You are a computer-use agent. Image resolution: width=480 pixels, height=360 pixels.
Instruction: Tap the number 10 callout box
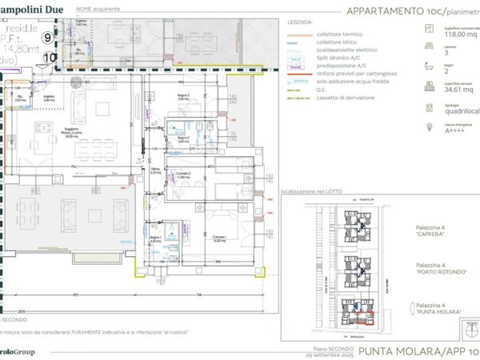49,57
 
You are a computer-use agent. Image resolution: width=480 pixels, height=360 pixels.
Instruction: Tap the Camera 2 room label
183,175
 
